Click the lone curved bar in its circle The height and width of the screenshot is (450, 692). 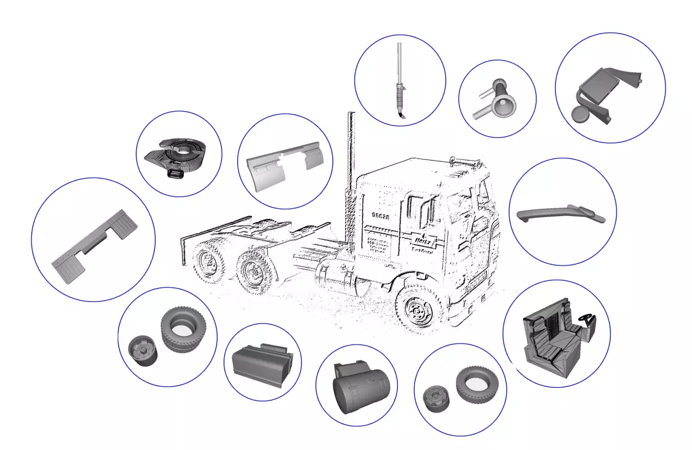click(x=559, y=213)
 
